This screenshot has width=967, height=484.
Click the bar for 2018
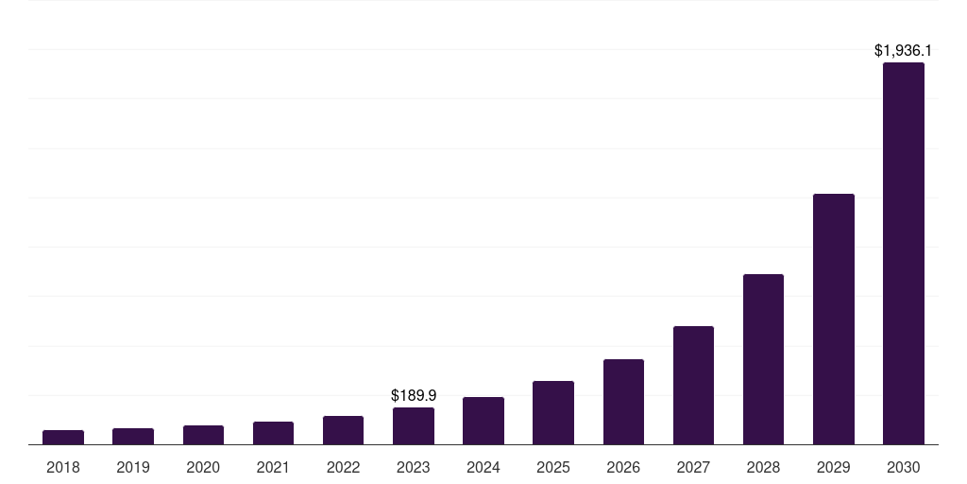point(63,437)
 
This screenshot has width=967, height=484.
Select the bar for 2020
point(203,435)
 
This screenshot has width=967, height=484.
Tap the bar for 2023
point(414,425)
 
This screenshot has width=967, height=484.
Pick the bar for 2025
point(553,412)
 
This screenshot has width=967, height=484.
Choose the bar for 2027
point(693,385)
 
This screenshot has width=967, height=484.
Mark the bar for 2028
point(763,359)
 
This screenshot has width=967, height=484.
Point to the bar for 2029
point(833,319)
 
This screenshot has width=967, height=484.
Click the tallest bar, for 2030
point(903,253)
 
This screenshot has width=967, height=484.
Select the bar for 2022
point(343,430)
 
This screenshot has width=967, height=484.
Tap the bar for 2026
point(623,402)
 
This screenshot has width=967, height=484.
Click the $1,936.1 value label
point(903,50)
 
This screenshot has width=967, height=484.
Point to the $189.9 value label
point(414,395)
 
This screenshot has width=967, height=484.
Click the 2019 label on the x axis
point(133,467)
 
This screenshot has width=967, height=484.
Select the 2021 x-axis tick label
point(273,467)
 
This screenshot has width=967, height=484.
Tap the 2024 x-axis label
point(483,467)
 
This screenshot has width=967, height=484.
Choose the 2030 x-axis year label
point(903,467)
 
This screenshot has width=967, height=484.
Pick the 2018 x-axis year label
point(63,467)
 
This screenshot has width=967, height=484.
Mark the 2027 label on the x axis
point(693,467)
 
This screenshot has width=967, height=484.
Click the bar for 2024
point(483,421)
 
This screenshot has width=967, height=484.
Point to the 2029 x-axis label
point(833,467)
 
